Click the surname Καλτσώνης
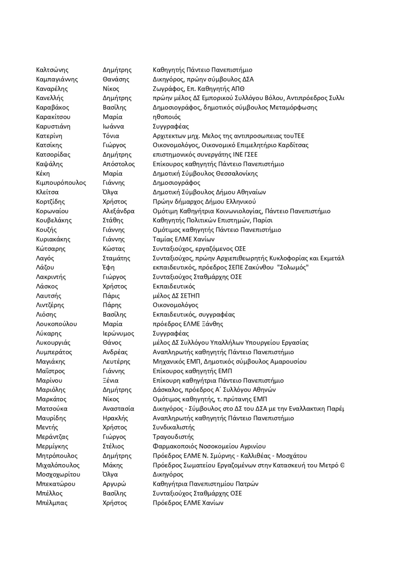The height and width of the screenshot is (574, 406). (52, 70)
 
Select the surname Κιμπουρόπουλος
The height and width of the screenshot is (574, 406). (61, 183)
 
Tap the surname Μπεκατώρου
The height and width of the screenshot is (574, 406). (55, 484)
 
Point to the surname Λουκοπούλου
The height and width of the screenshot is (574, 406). (56, 324)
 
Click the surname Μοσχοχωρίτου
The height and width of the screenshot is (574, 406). (58, 475)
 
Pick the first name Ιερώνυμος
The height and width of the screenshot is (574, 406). (118, 333)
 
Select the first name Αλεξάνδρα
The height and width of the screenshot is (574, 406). (119, 211)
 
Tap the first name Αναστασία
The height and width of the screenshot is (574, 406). (118, 409)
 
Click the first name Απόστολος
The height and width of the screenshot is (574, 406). (119, 164)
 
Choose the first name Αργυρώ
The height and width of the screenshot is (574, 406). (114, 484)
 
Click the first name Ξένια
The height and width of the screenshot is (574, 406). (110, 380)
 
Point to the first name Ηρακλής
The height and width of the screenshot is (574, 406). (115, 418)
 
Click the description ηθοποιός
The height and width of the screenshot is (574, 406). (166, 117)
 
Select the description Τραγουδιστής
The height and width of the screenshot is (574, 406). (173, 437)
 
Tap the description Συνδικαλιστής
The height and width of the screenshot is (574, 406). (173, 428)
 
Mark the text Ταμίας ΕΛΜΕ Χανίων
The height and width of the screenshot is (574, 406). (184, 239)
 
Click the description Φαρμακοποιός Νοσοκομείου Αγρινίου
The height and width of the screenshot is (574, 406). (209, 446)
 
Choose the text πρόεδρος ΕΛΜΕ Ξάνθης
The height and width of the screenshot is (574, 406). (188, 324)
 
